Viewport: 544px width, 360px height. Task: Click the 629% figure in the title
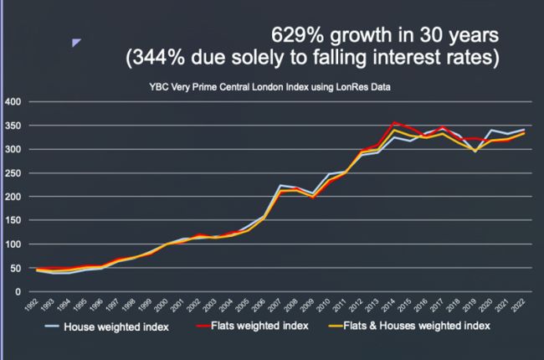(x=292, y=37)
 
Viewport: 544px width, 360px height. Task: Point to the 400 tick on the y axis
(x=17, y=102)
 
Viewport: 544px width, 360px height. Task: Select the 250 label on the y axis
(x=17, y=173)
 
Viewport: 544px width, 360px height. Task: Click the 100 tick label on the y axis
(x=17, y=244)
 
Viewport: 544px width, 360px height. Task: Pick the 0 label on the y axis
(x=22, y=292)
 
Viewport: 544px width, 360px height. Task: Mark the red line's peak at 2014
(x=393, y=123)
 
